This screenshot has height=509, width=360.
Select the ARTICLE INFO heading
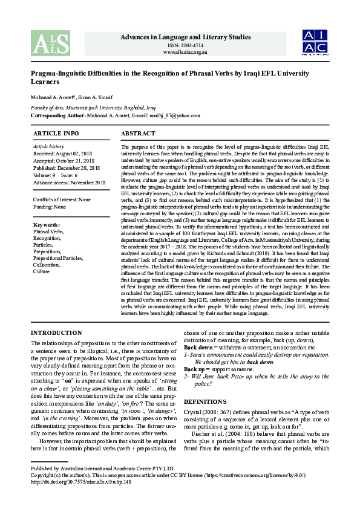click(56, 133)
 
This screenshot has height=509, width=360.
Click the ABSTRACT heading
click(138, 133)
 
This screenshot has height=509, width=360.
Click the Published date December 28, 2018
click(65, 168)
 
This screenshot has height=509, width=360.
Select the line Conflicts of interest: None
click(62, 199)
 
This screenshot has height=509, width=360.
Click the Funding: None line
click(50, 207)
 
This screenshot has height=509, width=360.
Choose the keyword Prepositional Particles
click(58, 258)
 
